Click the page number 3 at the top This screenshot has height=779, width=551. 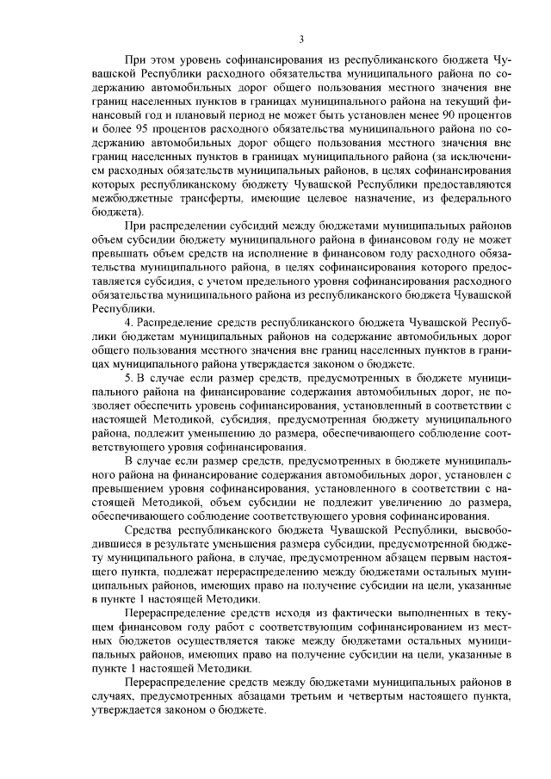tap(301, 37)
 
